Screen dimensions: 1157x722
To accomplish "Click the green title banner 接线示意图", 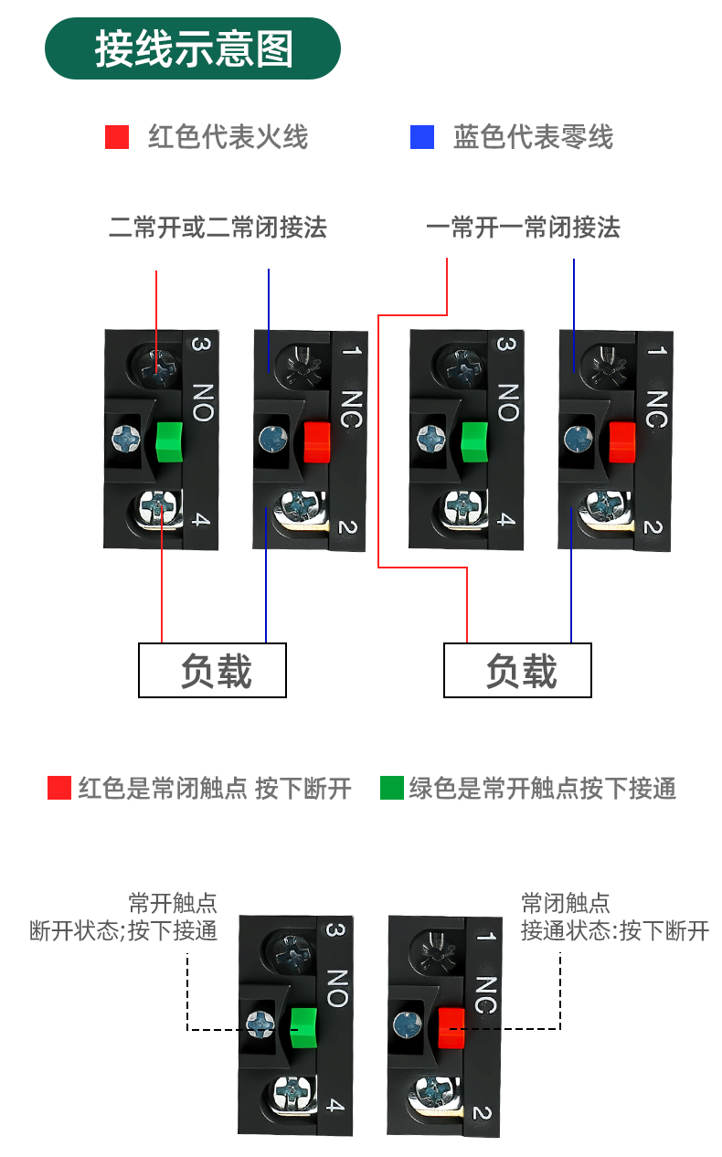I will tap(193, 48).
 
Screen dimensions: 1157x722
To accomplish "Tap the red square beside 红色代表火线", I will tap(117, 137).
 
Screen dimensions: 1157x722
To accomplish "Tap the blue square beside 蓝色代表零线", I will tap(422, 137).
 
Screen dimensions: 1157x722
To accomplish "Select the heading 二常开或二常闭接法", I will tap(218, 227).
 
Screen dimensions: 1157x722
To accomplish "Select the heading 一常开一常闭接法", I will tap(523, 227).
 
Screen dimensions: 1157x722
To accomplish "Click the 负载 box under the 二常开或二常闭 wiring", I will tap(212, 671).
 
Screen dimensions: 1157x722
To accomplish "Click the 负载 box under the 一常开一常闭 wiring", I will tap(517, 671).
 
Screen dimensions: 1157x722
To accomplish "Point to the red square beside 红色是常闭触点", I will tap(59, 788).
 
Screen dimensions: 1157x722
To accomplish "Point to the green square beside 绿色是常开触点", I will tap(392, 788).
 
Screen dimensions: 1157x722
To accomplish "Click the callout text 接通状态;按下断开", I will tap(615, 931).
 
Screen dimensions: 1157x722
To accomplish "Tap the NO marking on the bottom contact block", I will tap(336, 987).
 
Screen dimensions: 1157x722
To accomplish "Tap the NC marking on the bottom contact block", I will tap(486, 994).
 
